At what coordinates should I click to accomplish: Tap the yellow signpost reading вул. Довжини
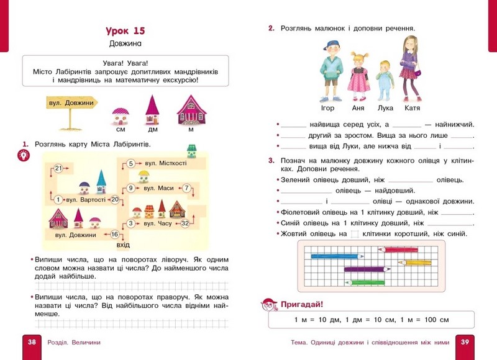[73, 104]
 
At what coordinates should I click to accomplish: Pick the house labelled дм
[153, 110]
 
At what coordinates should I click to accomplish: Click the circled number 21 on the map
[58, 168]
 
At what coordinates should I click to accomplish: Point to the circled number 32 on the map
[185, 223]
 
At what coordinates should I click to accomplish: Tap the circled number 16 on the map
[114, 234]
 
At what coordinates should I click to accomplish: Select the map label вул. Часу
[158, 223]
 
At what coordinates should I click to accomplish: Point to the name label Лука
[386, 107]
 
